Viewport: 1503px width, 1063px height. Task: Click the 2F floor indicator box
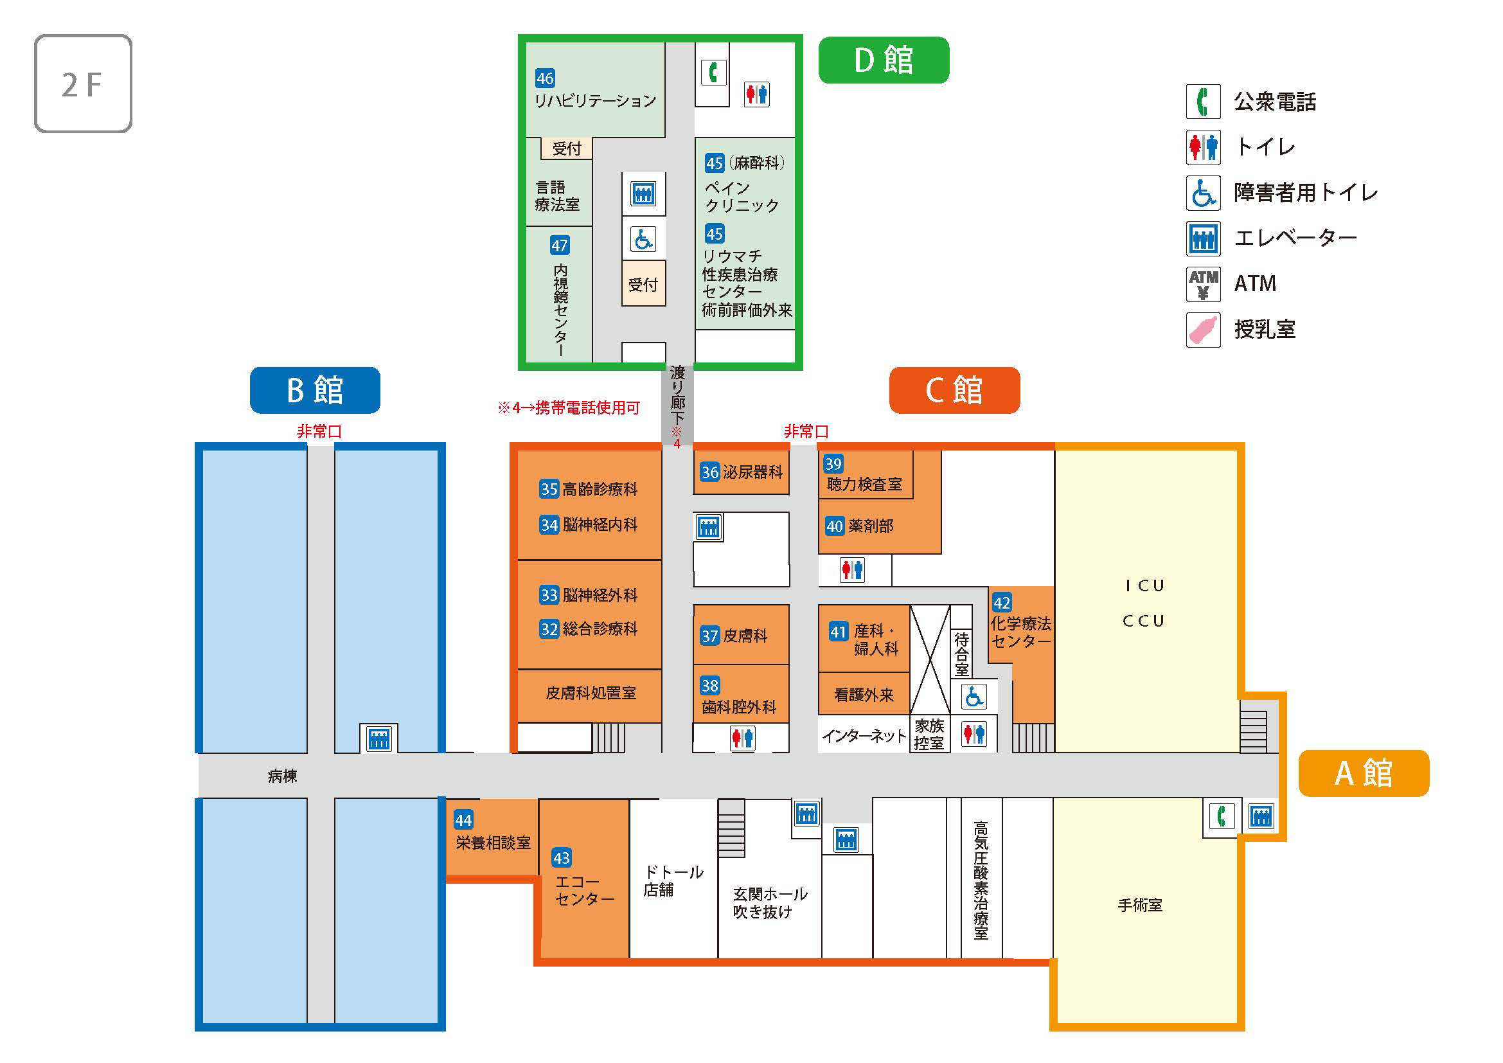click(83, 84)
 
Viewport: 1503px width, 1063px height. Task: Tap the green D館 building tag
click(883, 60)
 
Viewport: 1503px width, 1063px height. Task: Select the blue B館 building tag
click(315, 390)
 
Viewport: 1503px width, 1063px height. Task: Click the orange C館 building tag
click(954, 390)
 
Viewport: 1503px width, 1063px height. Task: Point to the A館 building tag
click(1364, 773)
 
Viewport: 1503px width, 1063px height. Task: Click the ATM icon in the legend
click(1203, 284)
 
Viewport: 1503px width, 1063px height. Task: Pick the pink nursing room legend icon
click(1203, 329)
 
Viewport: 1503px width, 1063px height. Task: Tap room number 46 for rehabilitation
click(545, 78)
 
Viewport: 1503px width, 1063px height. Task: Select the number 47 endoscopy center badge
click(559, 246)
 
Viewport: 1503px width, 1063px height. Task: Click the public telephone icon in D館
click(713, 72)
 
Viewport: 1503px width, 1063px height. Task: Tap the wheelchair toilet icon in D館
click(643, 239)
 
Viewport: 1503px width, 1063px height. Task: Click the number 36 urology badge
click(709, 472)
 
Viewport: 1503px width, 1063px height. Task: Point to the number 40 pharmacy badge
click(834, 526)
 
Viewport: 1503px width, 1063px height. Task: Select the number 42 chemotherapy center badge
click(1002, 603)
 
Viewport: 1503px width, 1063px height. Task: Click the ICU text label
click(1144, 586)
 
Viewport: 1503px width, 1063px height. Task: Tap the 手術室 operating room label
click(1140, 906)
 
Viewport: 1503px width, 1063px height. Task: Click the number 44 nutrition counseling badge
click(463, 820)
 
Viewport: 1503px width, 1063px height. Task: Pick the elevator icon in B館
click(379, 739)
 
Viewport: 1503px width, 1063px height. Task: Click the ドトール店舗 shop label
click(673, 880)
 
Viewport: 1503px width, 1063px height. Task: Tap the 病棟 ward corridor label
click(282, 776)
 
